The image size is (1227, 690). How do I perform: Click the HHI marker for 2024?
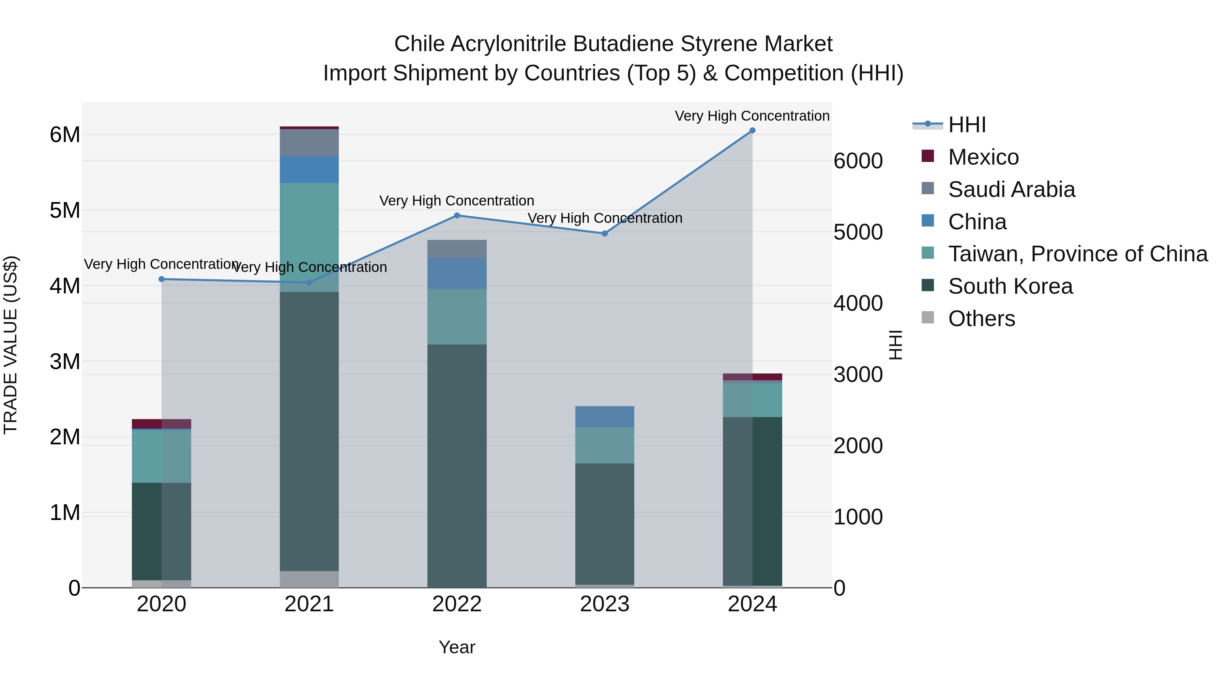pos(752,131)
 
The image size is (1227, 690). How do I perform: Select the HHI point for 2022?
pos(457,215)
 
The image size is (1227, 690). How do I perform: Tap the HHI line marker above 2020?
pos(162,279)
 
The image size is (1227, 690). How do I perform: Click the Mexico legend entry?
pos(983,157)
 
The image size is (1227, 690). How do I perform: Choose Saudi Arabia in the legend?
pos(1011,189)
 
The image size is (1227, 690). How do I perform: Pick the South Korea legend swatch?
pos(927,286)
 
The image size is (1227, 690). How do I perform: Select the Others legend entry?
pos(981,319)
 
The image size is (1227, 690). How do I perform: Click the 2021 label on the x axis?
pos(309,604)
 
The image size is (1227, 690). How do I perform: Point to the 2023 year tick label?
pos(604,604)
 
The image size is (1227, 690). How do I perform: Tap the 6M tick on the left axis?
pos(65,135)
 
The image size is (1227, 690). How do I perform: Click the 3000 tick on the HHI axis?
pos(858,375)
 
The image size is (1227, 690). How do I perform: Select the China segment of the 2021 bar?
pos(309,170)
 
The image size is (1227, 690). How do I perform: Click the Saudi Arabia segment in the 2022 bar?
pos(457,249)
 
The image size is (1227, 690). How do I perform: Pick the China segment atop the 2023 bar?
pos(604,417)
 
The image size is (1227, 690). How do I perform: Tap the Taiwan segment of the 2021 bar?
pos(309,237)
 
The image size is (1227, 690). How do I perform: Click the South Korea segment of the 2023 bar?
pos(604,524)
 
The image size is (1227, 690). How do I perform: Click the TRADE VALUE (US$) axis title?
pos(11,345)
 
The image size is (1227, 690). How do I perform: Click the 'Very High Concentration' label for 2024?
pos(752,116)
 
